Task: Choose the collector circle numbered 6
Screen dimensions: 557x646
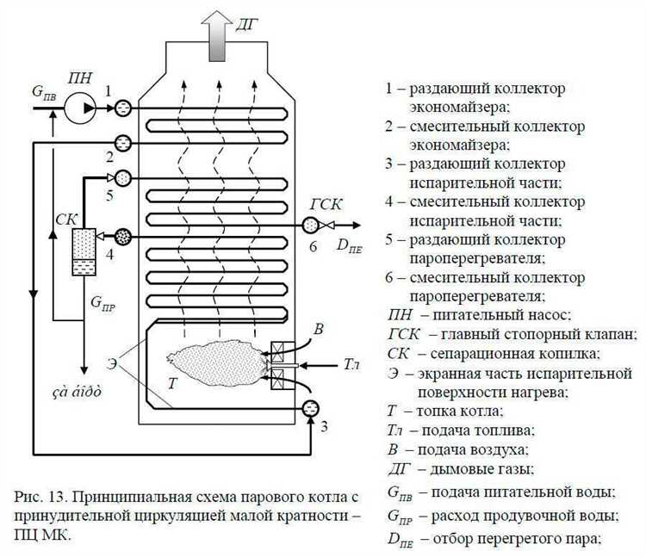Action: [x=310, y=226]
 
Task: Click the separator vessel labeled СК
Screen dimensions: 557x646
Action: [x=84, y=253]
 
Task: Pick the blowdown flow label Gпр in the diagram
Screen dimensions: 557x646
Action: [x=102, y=303]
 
